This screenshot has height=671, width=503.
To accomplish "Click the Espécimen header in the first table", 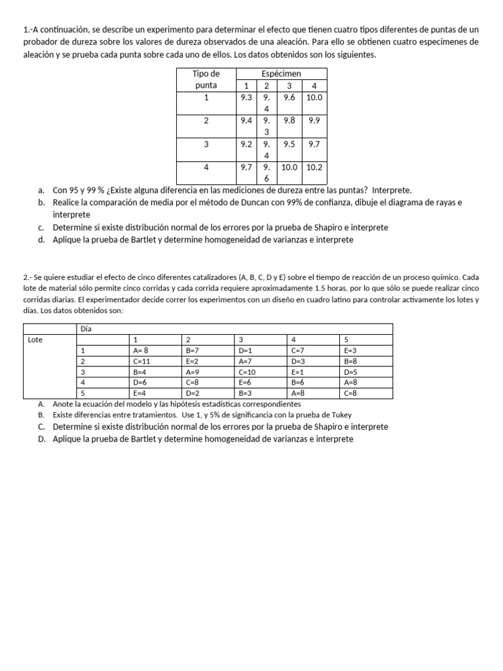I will pos(281,74).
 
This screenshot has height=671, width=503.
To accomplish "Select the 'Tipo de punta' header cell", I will pos(206,79).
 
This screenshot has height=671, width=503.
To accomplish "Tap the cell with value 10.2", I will pos(314,167).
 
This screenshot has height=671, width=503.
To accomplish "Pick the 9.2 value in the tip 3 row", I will pos(246,144).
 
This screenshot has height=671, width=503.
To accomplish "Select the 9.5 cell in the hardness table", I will pos(289,144).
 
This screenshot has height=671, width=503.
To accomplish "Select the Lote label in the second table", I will pos(35,339).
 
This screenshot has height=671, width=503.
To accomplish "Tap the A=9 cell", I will pos(193,372).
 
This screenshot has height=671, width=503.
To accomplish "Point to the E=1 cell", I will pos(298,372).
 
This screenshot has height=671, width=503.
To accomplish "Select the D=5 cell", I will pos(350,372).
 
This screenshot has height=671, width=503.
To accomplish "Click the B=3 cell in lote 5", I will pos(246,393).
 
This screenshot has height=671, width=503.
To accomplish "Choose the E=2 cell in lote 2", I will pos(193,361).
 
